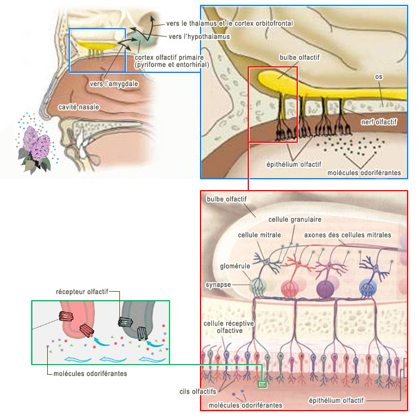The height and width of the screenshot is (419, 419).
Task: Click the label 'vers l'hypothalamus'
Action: click(199, 36)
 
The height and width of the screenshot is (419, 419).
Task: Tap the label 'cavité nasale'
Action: click(79, 107)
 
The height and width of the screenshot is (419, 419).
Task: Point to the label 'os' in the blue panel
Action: click(378, 77)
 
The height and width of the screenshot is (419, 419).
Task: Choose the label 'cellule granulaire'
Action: click(295, 220)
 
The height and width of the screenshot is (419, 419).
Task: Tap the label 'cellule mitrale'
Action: click(259, 236)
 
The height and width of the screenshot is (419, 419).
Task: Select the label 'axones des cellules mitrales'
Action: click(347, 235)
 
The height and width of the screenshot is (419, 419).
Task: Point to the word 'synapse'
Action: click(218, 285)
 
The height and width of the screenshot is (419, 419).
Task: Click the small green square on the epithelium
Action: click(261, 384)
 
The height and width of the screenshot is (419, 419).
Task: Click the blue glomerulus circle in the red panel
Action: click(368, 288)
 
